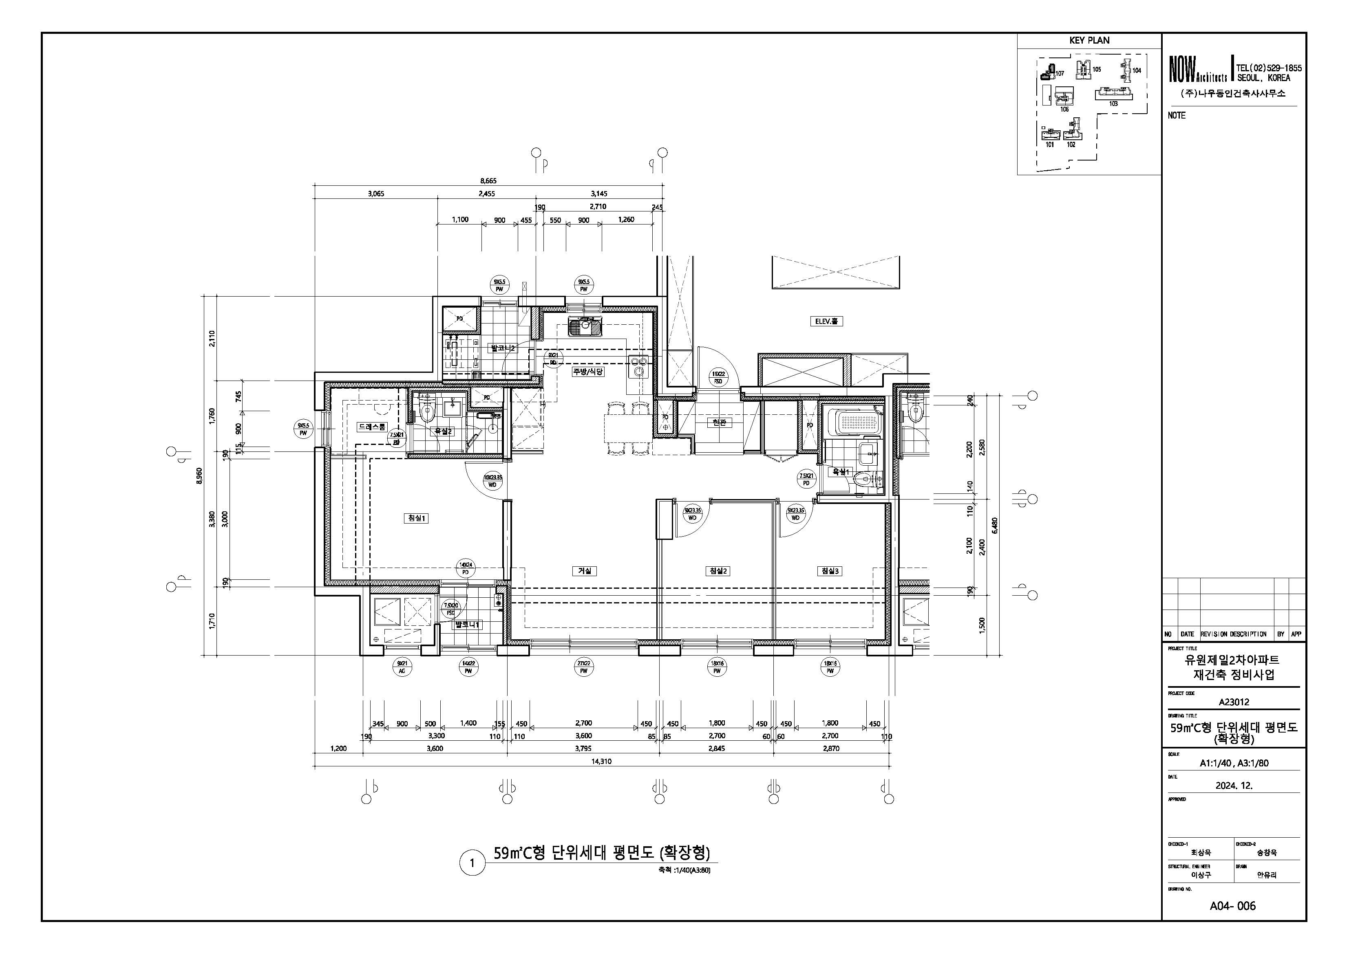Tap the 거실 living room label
pos(584,571)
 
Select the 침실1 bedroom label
pos(417,518)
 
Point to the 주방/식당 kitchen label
pos(588,372)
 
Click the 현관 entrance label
pos(719,422)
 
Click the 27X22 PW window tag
pos(583,667)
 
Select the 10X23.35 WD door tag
pos(492,481)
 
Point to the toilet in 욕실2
pos(427,413)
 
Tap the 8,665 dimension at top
pos(488,181)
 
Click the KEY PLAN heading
pos(1089,40)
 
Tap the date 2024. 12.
pos(1234,785)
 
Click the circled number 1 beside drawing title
pos(472,864)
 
